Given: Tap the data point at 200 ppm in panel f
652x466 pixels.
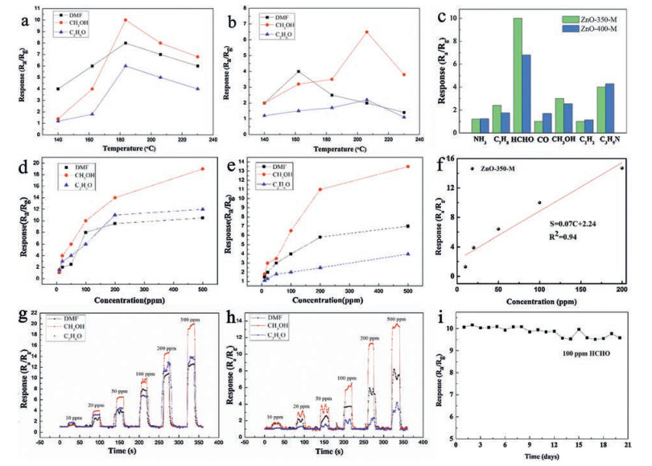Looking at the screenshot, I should (x=621, y=168).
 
